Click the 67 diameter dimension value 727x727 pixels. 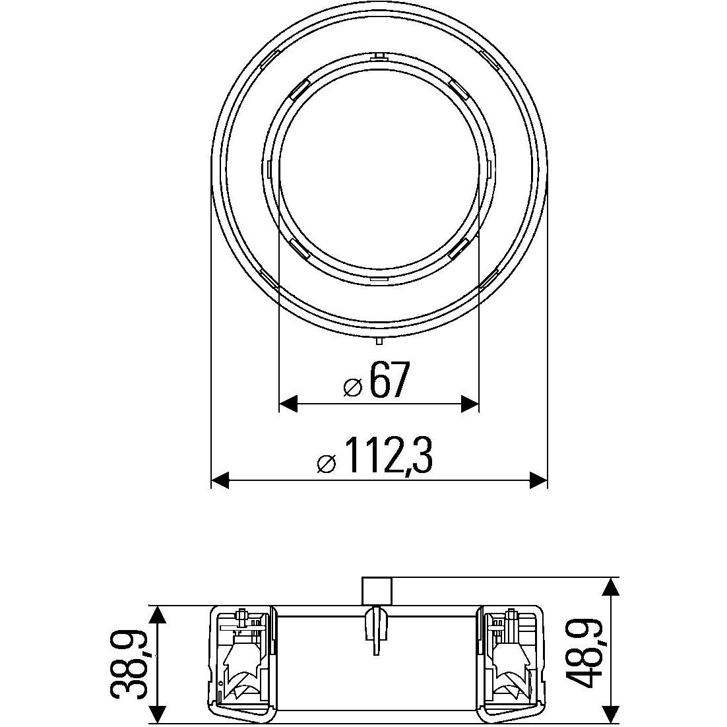[391, 379]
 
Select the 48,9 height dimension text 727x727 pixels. [585, 654]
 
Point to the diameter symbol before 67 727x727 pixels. [352, 388]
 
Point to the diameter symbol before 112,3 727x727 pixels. [327, 464]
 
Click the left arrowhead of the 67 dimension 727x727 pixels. [288, 403]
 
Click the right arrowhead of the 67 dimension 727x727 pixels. [469, 403]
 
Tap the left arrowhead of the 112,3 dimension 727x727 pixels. [220, 480]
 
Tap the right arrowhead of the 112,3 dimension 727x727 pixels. [538, 480]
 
